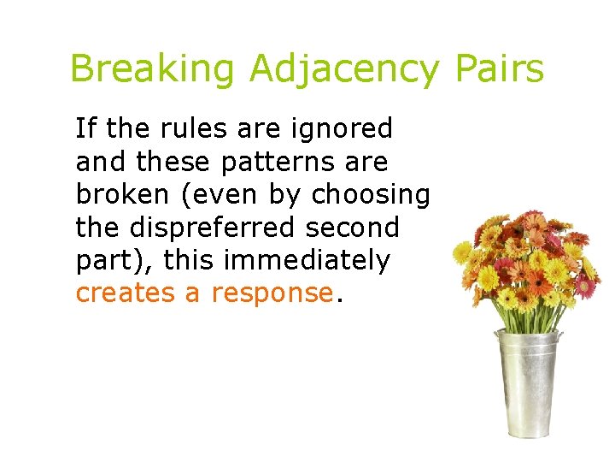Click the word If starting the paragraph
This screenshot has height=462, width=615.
point(85,128)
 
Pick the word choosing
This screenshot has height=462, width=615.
point(371,196)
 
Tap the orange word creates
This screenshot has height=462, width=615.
point(126,293)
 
